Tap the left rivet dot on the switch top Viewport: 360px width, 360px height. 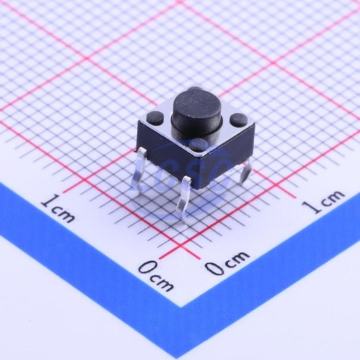tap(154, 117)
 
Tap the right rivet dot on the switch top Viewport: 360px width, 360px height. tap(238, 120)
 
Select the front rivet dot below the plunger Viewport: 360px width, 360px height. tap(199, 145)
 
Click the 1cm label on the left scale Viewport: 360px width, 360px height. tap(58, 208)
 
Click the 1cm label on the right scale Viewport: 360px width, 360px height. tap(323, 202)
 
